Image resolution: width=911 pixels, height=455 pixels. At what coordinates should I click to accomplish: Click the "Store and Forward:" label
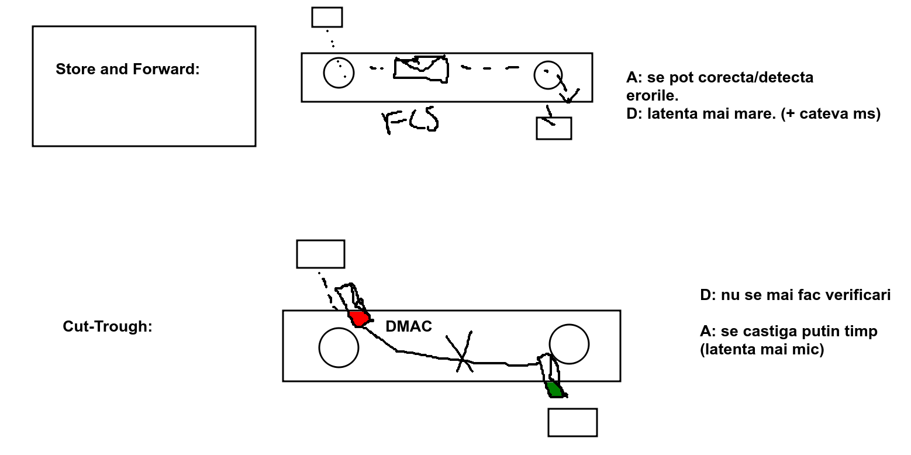pyautogui.click(x=127, y=70)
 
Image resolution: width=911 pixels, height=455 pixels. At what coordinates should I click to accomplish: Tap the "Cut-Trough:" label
pyautogui.click(x=107, y=327)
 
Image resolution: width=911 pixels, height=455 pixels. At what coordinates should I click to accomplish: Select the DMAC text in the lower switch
pyautogui.click(x=409, y=327)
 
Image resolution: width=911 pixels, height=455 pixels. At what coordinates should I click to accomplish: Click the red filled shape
pyautogui.click(x=360, y=319)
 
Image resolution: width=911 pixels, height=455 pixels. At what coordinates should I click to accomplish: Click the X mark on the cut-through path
pyautogui.click(x=461, y=352)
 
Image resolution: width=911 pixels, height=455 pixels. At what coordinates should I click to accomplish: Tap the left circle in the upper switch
pyautogui.click(x=339, y=73)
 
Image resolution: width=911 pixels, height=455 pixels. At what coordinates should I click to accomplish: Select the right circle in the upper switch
pyautogui.click(x=548, y=75)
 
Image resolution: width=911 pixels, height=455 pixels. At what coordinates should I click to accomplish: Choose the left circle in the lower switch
pyautogui.click(x=339, y=347)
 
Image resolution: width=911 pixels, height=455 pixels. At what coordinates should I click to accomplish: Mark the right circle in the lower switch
pyautogui.click(x=569, y=344)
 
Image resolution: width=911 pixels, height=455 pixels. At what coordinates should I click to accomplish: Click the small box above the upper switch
pyautogui.click(x=327, y=18)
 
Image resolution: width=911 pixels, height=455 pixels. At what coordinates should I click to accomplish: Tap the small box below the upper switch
pyautogui.click(x=554, y=128)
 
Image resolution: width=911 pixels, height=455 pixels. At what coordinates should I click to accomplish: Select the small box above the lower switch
pyautogui.click(x=320, y=254)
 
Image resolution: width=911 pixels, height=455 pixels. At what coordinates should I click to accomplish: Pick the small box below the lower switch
pyautogui.click(x=572, y=422)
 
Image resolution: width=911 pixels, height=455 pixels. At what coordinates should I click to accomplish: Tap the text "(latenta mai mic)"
pyautogui.click(x=762, y=350)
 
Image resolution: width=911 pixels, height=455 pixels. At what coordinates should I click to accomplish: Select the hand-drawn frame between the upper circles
pyautogui.click(x=421, y=69)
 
